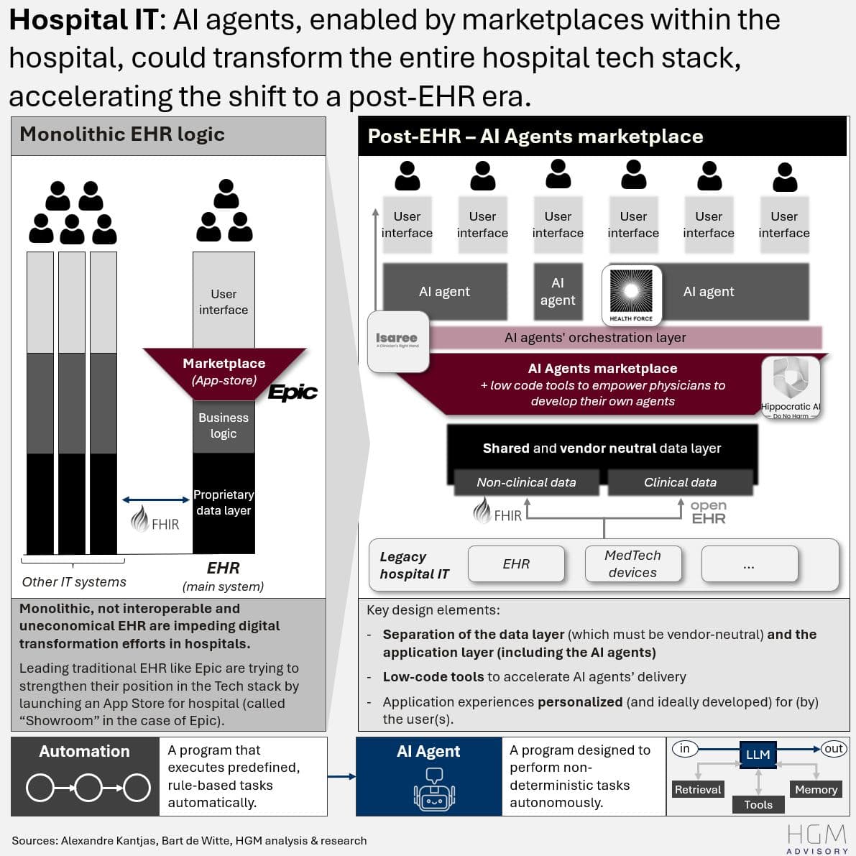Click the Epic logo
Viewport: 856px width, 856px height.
[x=293, y=392]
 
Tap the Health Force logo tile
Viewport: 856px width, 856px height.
[x=631, y=295]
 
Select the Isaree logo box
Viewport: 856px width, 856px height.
[x=397, y=341]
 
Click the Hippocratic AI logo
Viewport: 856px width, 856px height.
[x=791, y=387]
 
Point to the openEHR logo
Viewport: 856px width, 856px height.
[x=708, y=512]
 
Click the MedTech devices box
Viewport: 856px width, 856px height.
[x=632, y=563]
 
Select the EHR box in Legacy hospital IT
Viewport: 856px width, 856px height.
[x=516, y=563]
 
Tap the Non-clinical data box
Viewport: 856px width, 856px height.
[x=526, y=482]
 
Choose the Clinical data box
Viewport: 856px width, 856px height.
[x=680, y=482]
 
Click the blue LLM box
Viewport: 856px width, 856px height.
[x=758, y=755]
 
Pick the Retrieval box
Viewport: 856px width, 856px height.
[x=697, y=789]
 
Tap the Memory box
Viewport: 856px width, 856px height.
[x=816, y=789]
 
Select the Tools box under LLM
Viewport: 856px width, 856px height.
[x=758, y=804]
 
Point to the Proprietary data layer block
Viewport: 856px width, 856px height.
[x=224, y=503]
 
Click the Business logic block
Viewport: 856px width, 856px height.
[x=224, y=425]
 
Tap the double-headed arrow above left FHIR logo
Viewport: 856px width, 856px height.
[x=156, y=500]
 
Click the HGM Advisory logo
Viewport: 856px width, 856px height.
[x=816, y=839]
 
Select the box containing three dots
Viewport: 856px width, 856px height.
[x=749, y=563]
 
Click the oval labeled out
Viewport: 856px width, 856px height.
[x=834, y=749]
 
